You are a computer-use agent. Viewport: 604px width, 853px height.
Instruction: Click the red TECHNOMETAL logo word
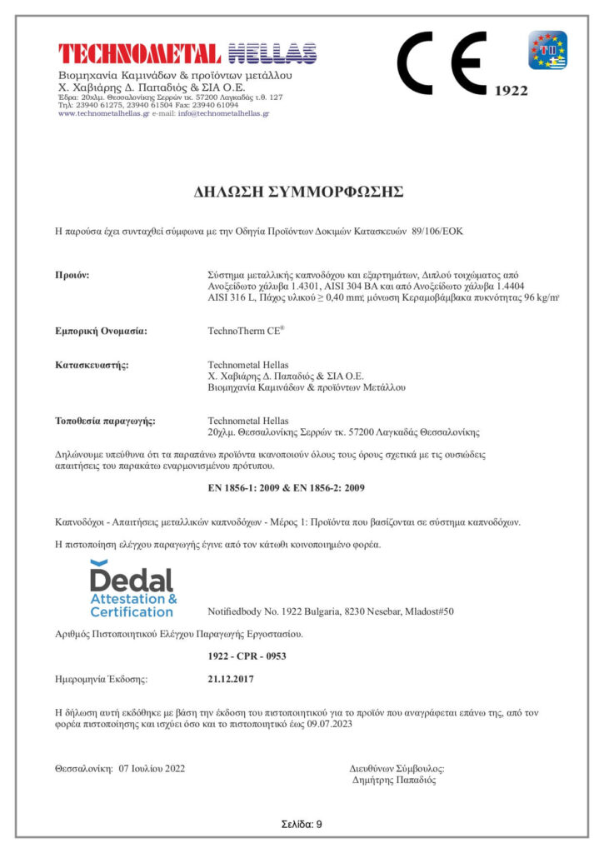[x=139, y=53]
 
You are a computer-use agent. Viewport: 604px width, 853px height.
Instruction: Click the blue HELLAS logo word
[x=272, y=53]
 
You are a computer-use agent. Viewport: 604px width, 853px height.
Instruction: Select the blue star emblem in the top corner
[x=547, y=50]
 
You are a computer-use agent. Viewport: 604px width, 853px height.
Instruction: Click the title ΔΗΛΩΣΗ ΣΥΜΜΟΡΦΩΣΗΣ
[x=298, y=192]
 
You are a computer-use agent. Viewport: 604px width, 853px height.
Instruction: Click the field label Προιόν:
[x=72, y=273]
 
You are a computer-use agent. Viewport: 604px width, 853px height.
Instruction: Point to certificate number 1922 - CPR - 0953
[x=247, y=656]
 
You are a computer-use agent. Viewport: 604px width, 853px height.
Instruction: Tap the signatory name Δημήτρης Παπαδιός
[x=394, y=781]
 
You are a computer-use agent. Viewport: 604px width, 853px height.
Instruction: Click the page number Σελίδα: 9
[x=302, y=824]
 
